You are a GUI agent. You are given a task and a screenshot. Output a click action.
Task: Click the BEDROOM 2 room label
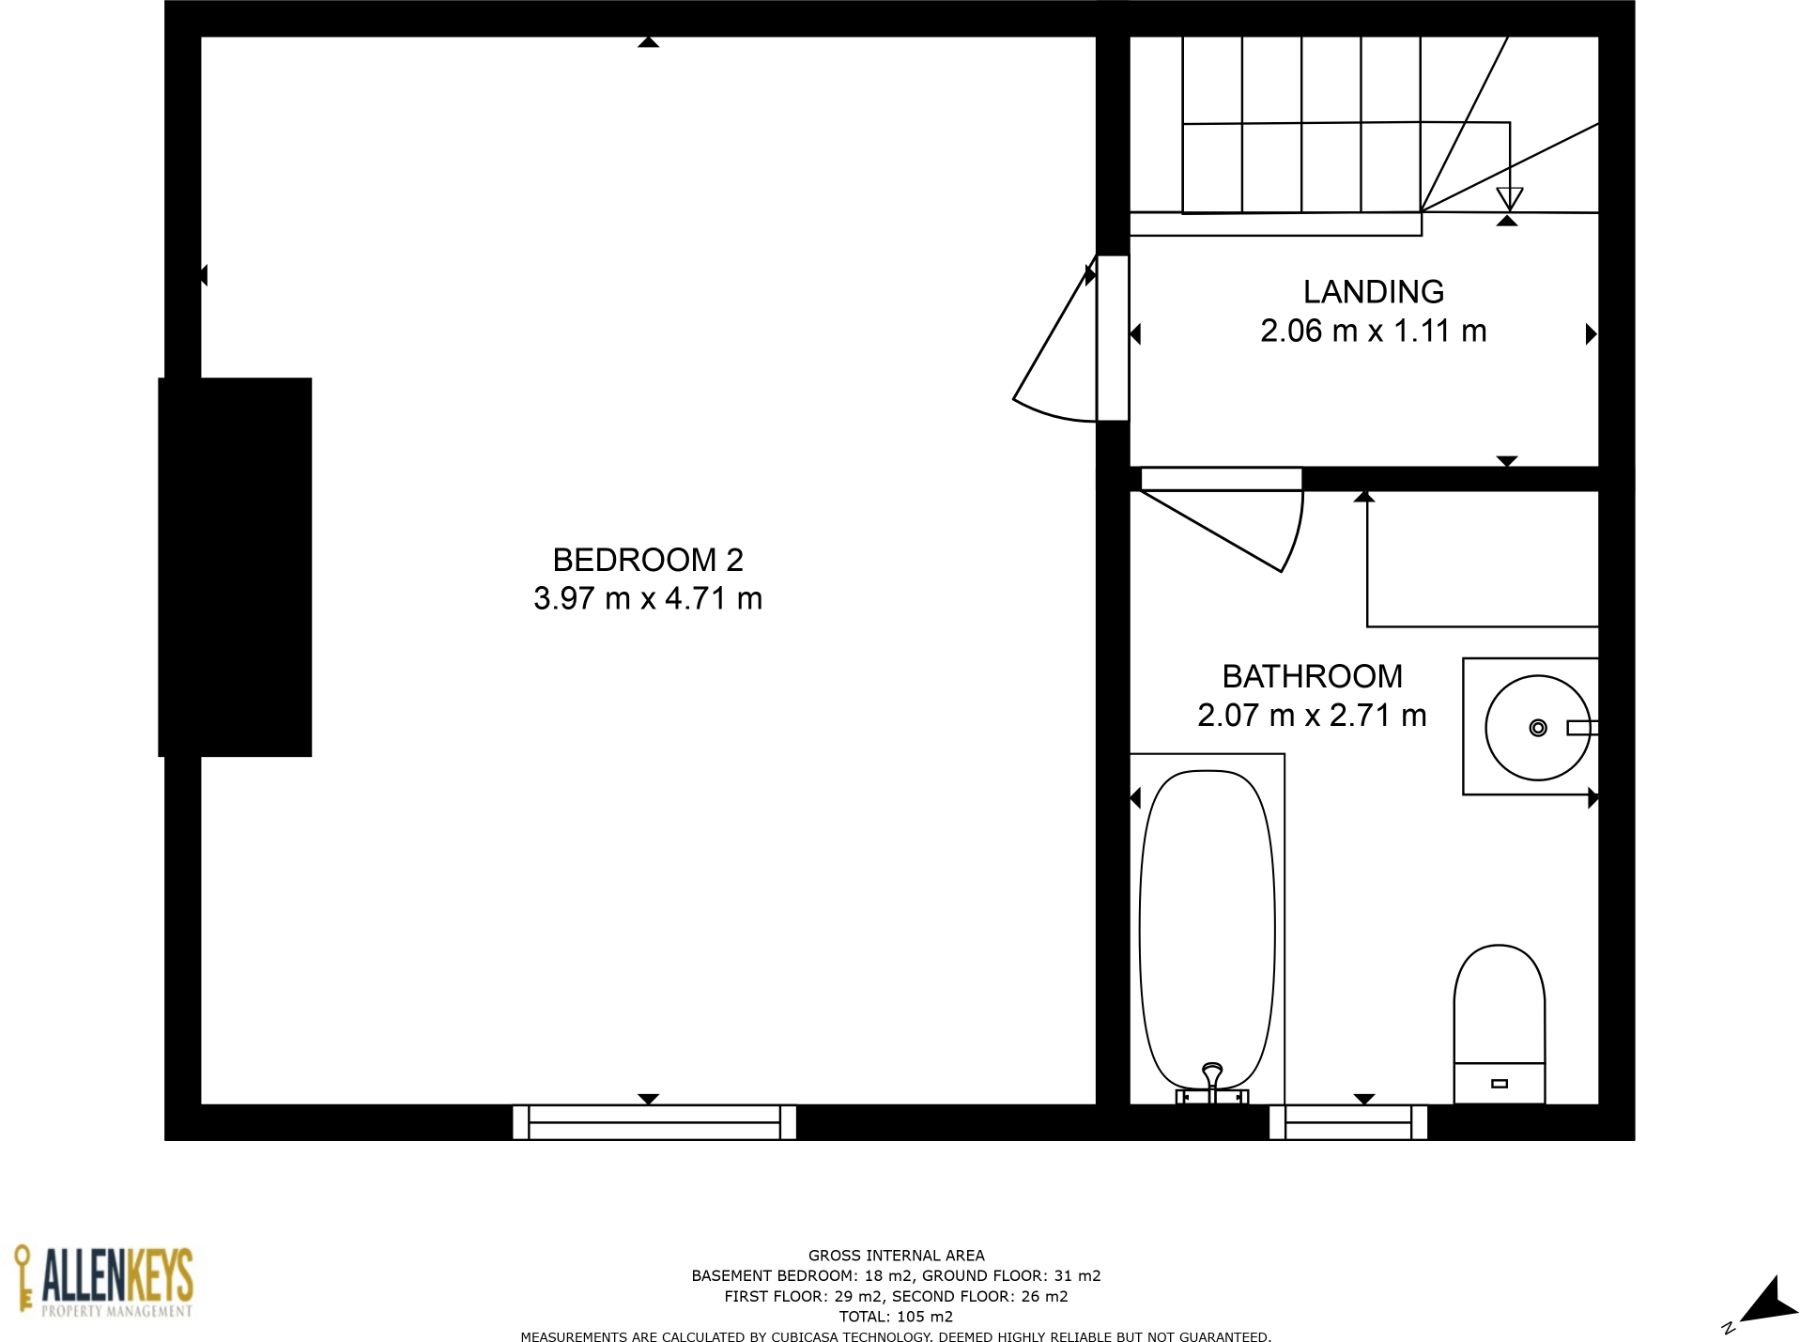(647, 560)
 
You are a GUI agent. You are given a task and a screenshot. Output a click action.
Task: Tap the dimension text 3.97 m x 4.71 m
(647, 598)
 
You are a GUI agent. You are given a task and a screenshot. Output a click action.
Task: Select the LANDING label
(1373, 292)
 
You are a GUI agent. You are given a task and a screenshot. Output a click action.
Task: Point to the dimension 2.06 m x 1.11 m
(1373, 332)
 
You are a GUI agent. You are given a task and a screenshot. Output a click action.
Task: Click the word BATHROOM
(1312, 676)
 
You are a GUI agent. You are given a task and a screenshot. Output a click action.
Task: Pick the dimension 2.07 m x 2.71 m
(1312, 716)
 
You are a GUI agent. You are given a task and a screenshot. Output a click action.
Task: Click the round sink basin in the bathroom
(1536, 728)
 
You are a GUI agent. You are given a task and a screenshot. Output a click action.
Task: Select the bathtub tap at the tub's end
(1211, 1080)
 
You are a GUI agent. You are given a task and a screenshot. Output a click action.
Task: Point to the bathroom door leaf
(1211, 531)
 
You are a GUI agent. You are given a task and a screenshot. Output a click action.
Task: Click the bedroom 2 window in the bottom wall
(654, 1122)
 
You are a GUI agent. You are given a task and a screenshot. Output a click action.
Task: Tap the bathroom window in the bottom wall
(1347, 1122)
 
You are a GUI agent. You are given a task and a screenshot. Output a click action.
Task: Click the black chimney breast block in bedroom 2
(235, 566)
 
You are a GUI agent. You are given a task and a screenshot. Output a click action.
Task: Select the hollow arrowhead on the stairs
(1509, 198)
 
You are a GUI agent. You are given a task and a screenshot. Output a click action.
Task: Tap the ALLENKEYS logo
(103, 1282)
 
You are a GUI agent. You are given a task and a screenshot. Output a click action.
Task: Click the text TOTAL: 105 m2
(896, 1317)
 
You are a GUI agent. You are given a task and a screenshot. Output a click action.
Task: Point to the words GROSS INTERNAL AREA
(896, 1256)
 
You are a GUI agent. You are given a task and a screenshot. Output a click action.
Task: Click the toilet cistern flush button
(1500, 1084)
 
